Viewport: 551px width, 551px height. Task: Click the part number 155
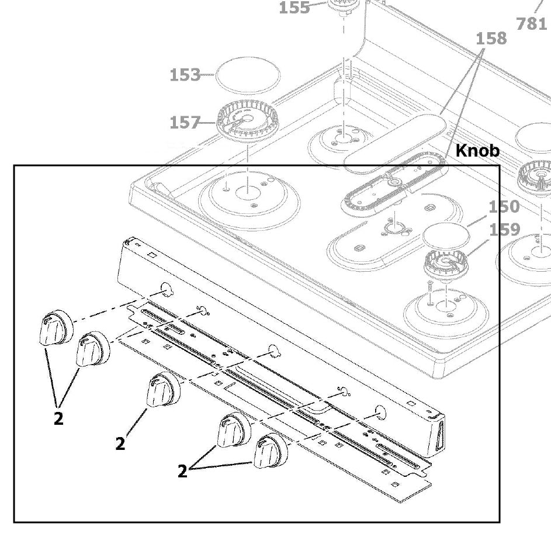[x=294, y=8]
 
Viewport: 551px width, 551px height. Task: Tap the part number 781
[x=532, y=24]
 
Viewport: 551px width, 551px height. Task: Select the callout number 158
[x=491, y=39]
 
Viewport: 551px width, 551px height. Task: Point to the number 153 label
[x=185, y=75]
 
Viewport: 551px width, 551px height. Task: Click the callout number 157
[x=185, y=123]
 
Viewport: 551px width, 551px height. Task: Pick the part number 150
[x=504, y=207]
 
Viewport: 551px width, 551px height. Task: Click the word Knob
[x=477, y=151]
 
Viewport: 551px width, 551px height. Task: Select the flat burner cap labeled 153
[x=248, y=75]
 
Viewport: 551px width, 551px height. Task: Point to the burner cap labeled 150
[x=446, y=235]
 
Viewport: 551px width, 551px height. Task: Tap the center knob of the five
[x=161, y=390]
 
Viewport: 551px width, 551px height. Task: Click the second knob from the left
[x=92, y=349]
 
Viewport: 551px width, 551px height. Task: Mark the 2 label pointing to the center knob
[x=120, y=444]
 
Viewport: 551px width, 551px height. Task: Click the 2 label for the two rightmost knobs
[x=183, y=471]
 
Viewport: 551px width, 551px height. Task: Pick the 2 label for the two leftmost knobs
[x=58, y=418]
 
